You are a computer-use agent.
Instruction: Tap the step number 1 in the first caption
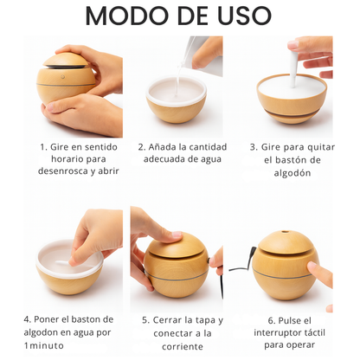point(43,146)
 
